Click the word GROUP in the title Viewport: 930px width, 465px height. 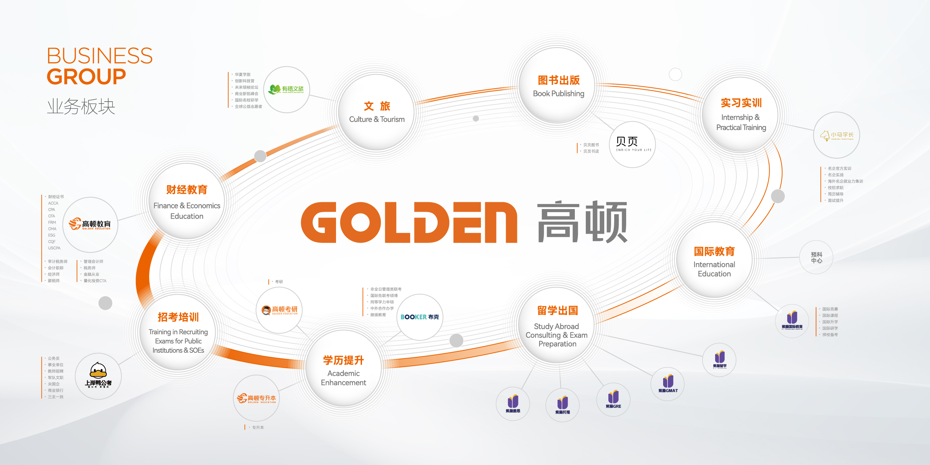86,77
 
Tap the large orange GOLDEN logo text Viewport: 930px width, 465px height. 409,222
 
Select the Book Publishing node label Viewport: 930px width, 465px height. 558,93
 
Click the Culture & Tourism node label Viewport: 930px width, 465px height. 376,119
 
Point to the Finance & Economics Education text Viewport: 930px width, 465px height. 186,211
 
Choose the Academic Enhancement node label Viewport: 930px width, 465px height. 343,378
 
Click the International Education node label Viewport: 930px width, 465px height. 714,269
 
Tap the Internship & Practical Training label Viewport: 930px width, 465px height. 741,122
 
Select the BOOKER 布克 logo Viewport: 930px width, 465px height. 419,317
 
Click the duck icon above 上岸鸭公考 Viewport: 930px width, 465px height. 98,370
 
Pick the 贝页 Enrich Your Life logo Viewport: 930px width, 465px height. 633,144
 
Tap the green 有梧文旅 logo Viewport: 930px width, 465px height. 287,89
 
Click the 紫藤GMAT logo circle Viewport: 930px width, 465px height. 668,384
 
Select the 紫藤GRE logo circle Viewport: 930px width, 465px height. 613,399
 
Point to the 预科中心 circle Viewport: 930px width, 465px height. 816,257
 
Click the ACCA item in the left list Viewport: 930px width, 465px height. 53,203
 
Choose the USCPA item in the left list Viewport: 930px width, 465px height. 54,248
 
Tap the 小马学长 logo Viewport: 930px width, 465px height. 837,135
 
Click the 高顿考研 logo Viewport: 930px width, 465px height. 280,310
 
